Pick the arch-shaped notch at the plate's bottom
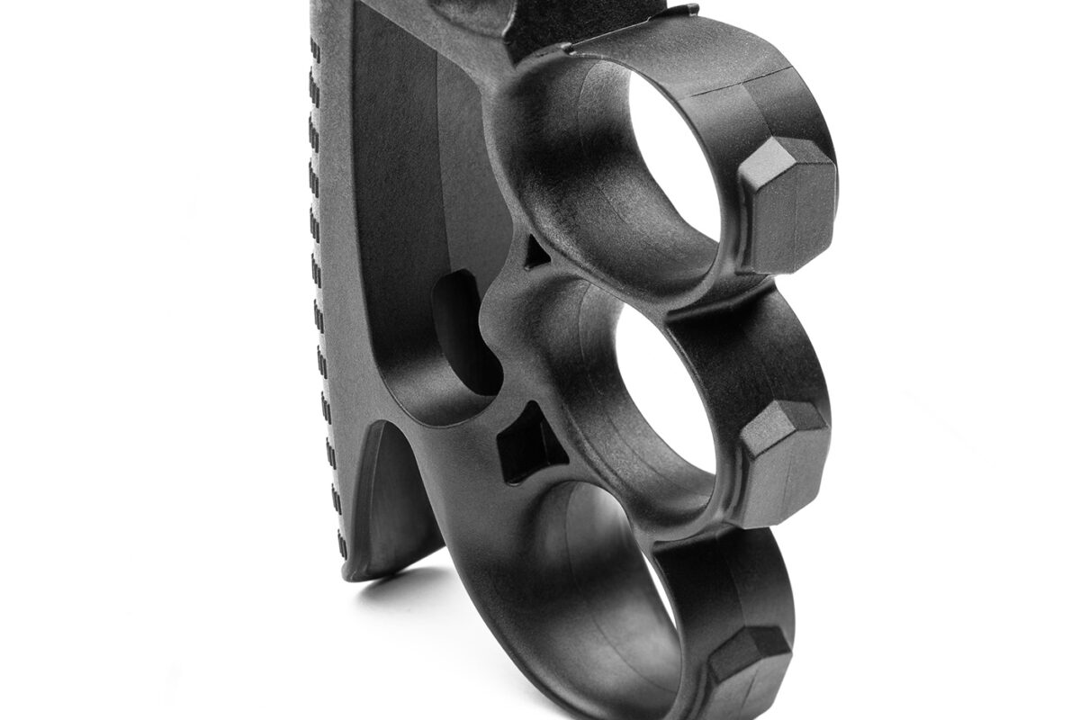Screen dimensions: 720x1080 391,504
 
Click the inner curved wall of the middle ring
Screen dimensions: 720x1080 576,378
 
